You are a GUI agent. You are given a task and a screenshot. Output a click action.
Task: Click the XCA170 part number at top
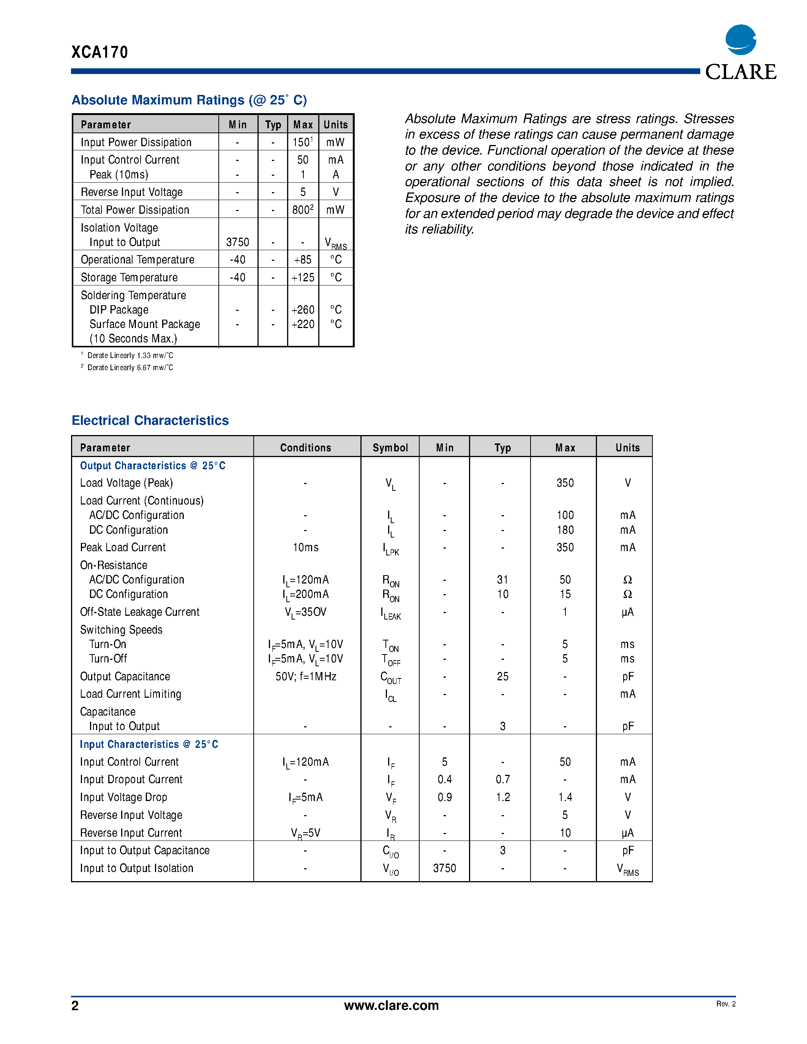point(99,52)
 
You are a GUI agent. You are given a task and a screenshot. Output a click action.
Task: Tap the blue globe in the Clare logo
point(741,40)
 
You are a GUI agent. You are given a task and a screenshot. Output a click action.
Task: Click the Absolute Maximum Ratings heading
point(189,100)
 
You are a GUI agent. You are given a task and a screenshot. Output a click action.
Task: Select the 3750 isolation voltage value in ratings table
point(238,242)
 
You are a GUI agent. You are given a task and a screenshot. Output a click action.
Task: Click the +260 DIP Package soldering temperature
point(303,310)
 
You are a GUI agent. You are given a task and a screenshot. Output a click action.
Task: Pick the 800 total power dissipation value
point(302,210)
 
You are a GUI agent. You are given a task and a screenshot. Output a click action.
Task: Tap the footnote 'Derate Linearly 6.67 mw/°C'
point(129,367)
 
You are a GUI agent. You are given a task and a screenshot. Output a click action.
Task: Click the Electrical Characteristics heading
point(150,420)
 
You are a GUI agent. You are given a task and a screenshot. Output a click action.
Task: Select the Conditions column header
point(305,448)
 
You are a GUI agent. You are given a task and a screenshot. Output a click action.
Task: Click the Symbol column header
point(390,448)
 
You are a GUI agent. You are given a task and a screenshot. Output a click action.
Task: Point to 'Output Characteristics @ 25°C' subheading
point(153,465)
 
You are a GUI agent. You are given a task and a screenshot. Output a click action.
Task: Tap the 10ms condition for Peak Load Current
point(305,547)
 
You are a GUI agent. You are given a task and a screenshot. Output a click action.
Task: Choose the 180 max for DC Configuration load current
point(565,530)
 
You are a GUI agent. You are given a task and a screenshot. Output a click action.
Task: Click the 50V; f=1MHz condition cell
point(305,677)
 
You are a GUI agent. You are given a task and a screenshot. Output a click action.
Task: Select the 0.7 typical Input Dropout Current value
point(502,780)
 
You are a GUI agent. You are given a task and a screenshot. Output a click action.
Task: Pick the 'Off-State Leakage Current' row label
point(140,612)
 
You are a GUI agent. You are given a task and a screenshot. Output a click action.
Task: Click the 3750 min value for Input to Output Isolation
point(444,868)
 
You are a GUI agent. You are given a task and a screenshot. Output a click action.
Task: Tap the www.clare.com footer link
point(391,1005)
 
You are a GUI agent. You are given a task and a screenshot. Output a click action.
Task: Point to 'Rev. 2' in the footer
point(726,1004)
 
